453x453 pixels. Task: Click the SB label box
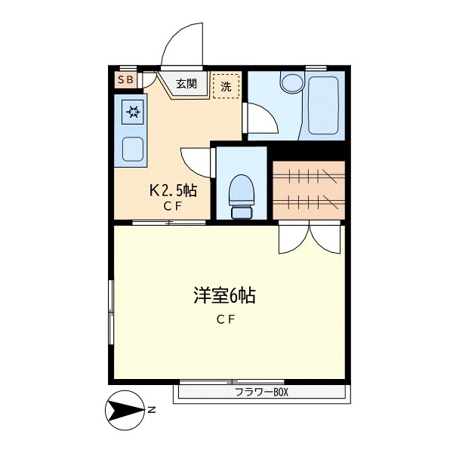point(125,79)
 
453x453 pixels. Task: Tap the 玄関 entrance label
point(186,84)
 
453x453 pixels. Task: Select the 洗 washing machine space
point(226,86)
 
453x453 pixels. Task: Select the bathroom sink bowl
point(289,81)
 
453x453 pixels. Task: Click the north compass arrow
point(125,411)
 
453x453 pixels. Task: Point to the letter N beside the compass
point(152,411)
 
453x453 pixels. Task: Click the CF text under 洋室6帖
point(226,319)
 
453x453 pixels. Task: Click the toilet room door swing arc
point(195,162)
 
